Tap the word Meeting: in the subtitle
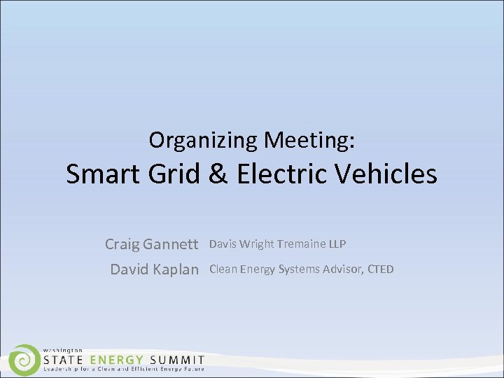click(309, 141)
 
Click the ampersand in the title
click(218, 174)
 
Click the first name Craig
click(122, 244)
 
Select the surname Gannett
click(170, 244)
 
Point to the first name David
click(129, 269)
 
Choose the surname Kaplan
click(174, 269)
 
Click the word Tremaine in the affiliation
click(301, 244)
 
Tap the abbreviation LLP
click(337, 244)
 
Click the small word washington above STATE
click(63, 349)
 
